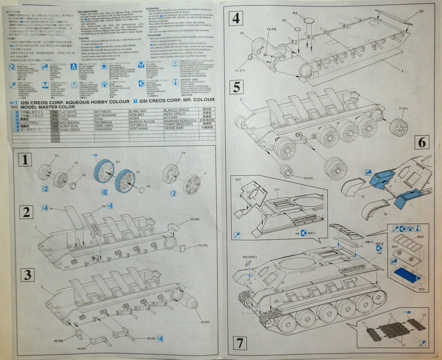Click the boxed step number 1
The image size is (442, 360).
coord(25,160)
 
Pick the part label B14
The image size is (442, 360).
coord(295,13)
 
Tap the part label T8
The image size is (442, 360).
coord(385,214)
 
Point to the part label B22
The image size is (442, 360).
coord(238,180)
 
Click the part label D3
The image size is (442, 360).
coord(148,187)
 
